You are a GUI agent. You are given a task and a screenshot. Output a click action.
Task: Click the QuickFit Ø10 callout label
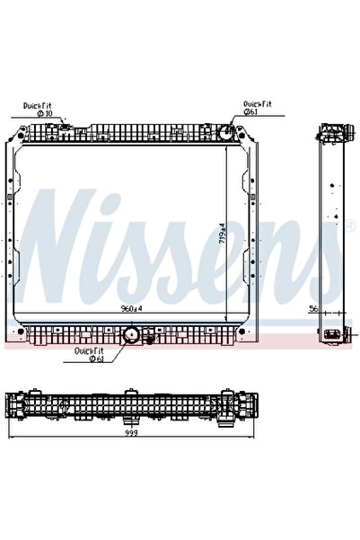coord(40,110)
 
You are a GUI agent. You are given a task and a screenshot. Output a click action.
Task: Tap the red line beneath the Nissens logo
coord(180,344)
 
